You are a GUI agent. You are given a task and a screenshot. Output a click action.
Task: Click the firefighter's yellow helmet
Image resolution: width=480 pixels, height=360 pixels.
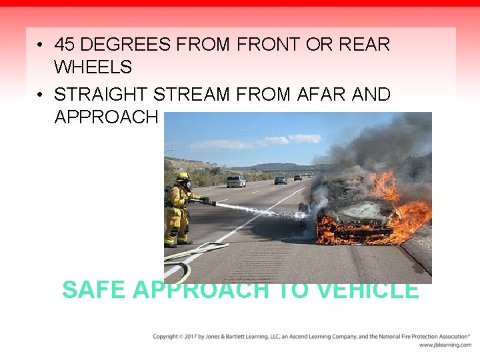[183, 177]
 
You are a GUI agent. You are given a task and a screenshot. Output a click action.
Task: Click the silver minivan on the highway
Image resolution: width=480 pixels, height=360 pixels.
[235, 181]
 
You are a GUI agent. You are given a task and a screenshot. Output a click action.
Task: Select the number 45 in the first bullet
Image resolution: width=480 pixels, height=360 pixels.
[64, 45]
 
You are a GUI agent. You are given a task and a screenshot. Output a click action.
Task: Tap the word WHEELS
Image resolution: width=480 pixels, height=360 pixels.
[93, 67]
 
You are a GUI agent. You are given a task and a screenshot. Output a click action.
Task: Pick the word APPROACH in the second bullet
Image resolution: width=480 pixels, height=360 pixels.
[106, 117]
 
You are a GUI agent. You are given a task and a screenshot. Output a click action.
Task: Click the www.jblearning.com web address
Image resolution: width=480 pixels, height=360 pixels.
[445, 345]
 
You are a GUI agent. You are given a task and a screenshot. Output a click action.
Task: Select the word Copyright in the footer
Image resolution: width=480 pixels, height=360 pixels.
[165, 337]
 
